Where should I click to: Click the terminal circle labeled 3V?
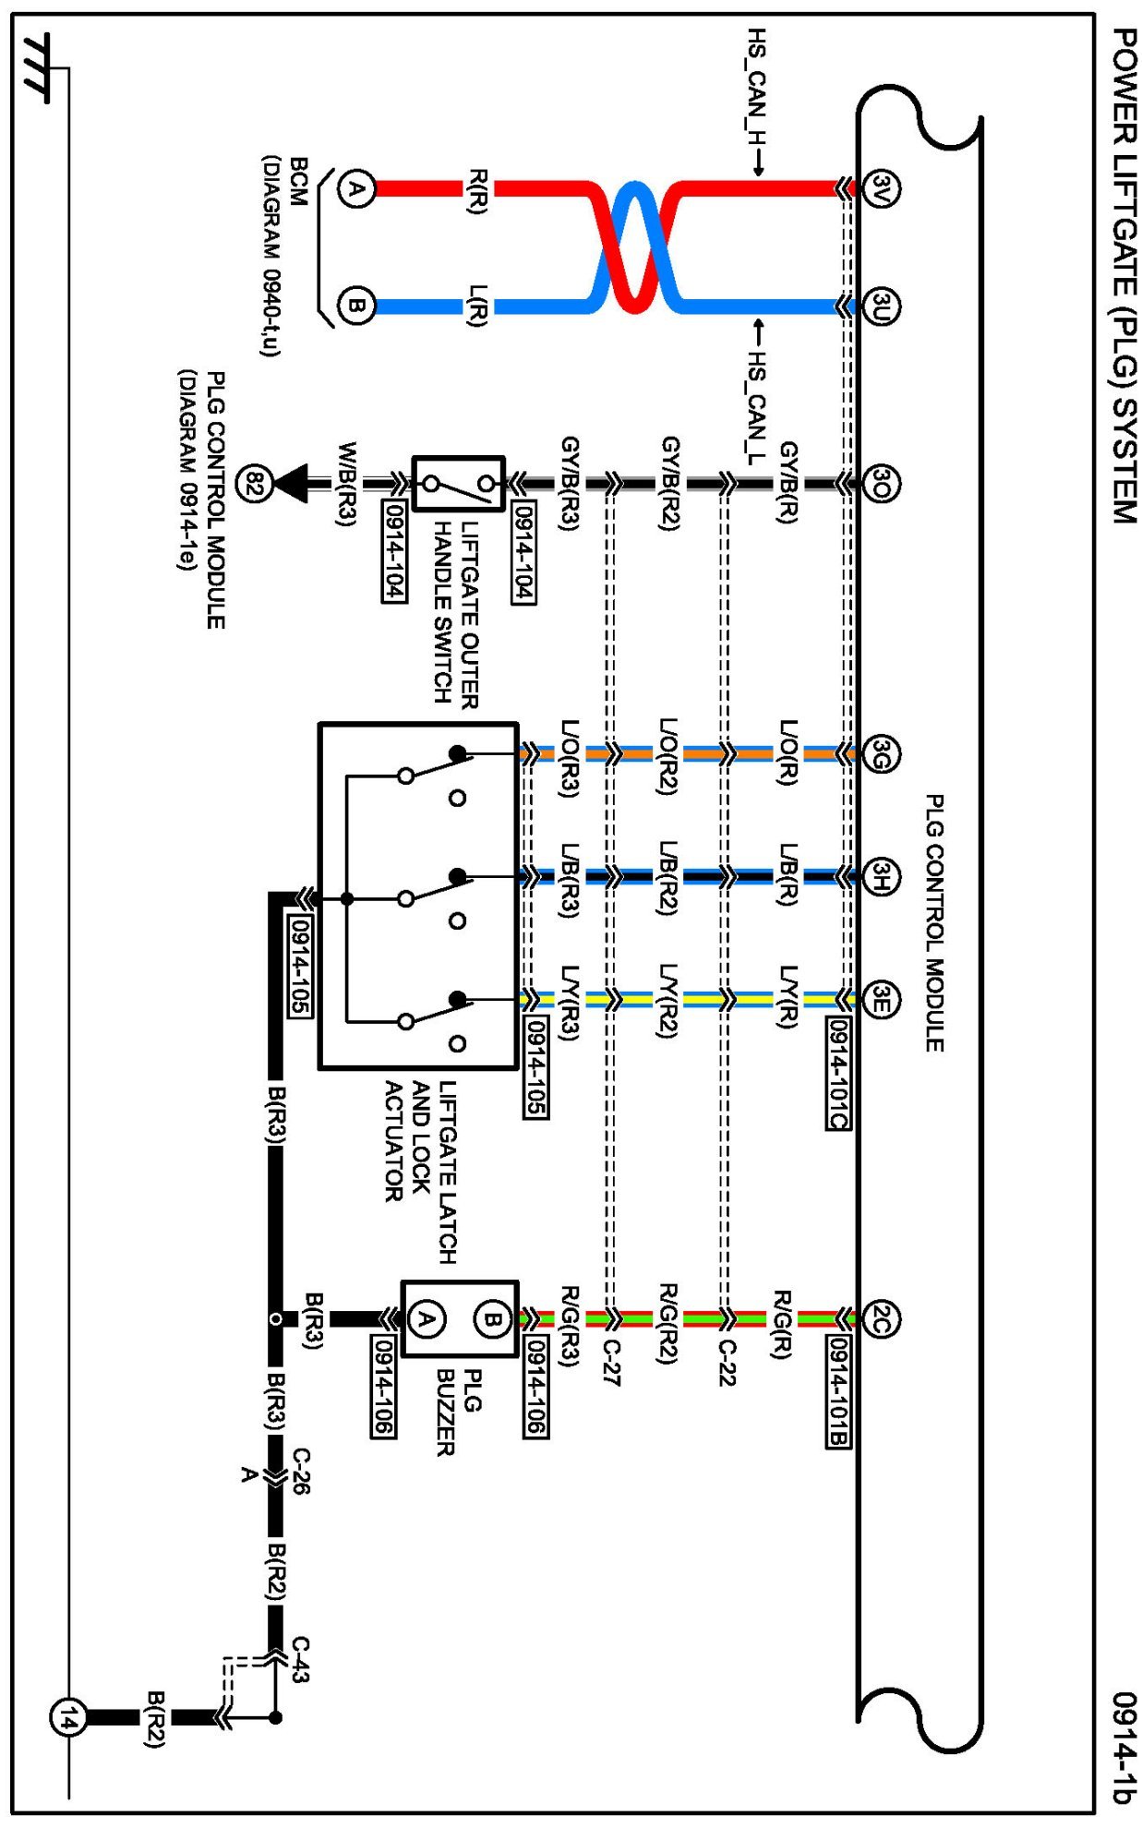pyautogui.click(x=881, y=189)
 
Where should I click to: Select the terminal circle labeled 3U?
pyautogui.click(x=881, y=307)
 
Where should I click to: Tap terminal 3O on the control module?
pyautogui.click(x=881, y=483)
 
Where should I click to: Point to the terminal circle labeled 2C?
pyautogui.click(x=881, y=1319)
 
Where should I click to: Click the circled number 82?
pyautogui.click(x=254, y=483)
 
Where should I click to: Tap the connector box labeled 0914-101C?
pyautogui.click(x=837, y=1073)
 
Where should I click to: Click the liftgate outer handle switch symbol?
pyautogui.click(x=458, y=483)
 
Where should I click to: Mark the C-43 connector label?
pyautogui.click(x=300, y=1659)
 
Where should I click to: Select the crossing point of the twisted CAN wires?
pyautogui.click(x=635, y=247)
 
